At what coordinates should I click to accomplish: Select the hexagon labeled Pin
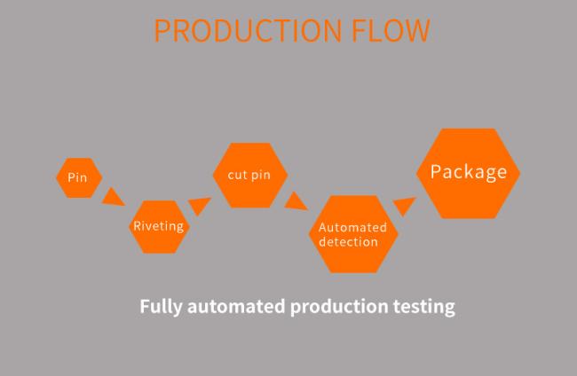click(78, 177)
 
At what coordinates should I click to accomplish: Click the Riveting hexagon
click(158, 226)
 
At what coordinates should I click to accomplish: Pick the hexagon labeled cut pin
click(249, 175)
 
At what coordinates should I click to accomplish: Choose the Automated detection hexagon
click(353, 234)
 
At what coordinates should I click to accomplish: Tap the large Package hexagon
click(469, 173)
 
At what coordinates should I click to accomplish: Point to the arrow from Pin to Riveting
click(113, 196)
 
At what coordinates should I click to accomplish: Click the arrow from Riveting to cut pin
click(201, 206)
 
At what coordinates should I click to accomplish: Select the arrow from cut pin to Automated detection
click(295, 202)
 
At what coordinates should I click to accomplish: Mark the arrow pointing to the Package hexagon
click(404, 207)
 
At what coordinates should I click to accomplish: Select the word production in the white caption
click(338, 308)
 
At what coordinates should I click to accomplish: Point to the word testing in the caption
click(423, 308)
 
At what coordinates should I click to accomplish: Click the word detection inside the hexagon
click(348, 241)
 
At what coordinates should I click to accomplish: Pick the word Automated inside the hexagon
click(352, 228)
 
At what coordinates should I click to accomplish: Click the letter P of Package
click(437, 172)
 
